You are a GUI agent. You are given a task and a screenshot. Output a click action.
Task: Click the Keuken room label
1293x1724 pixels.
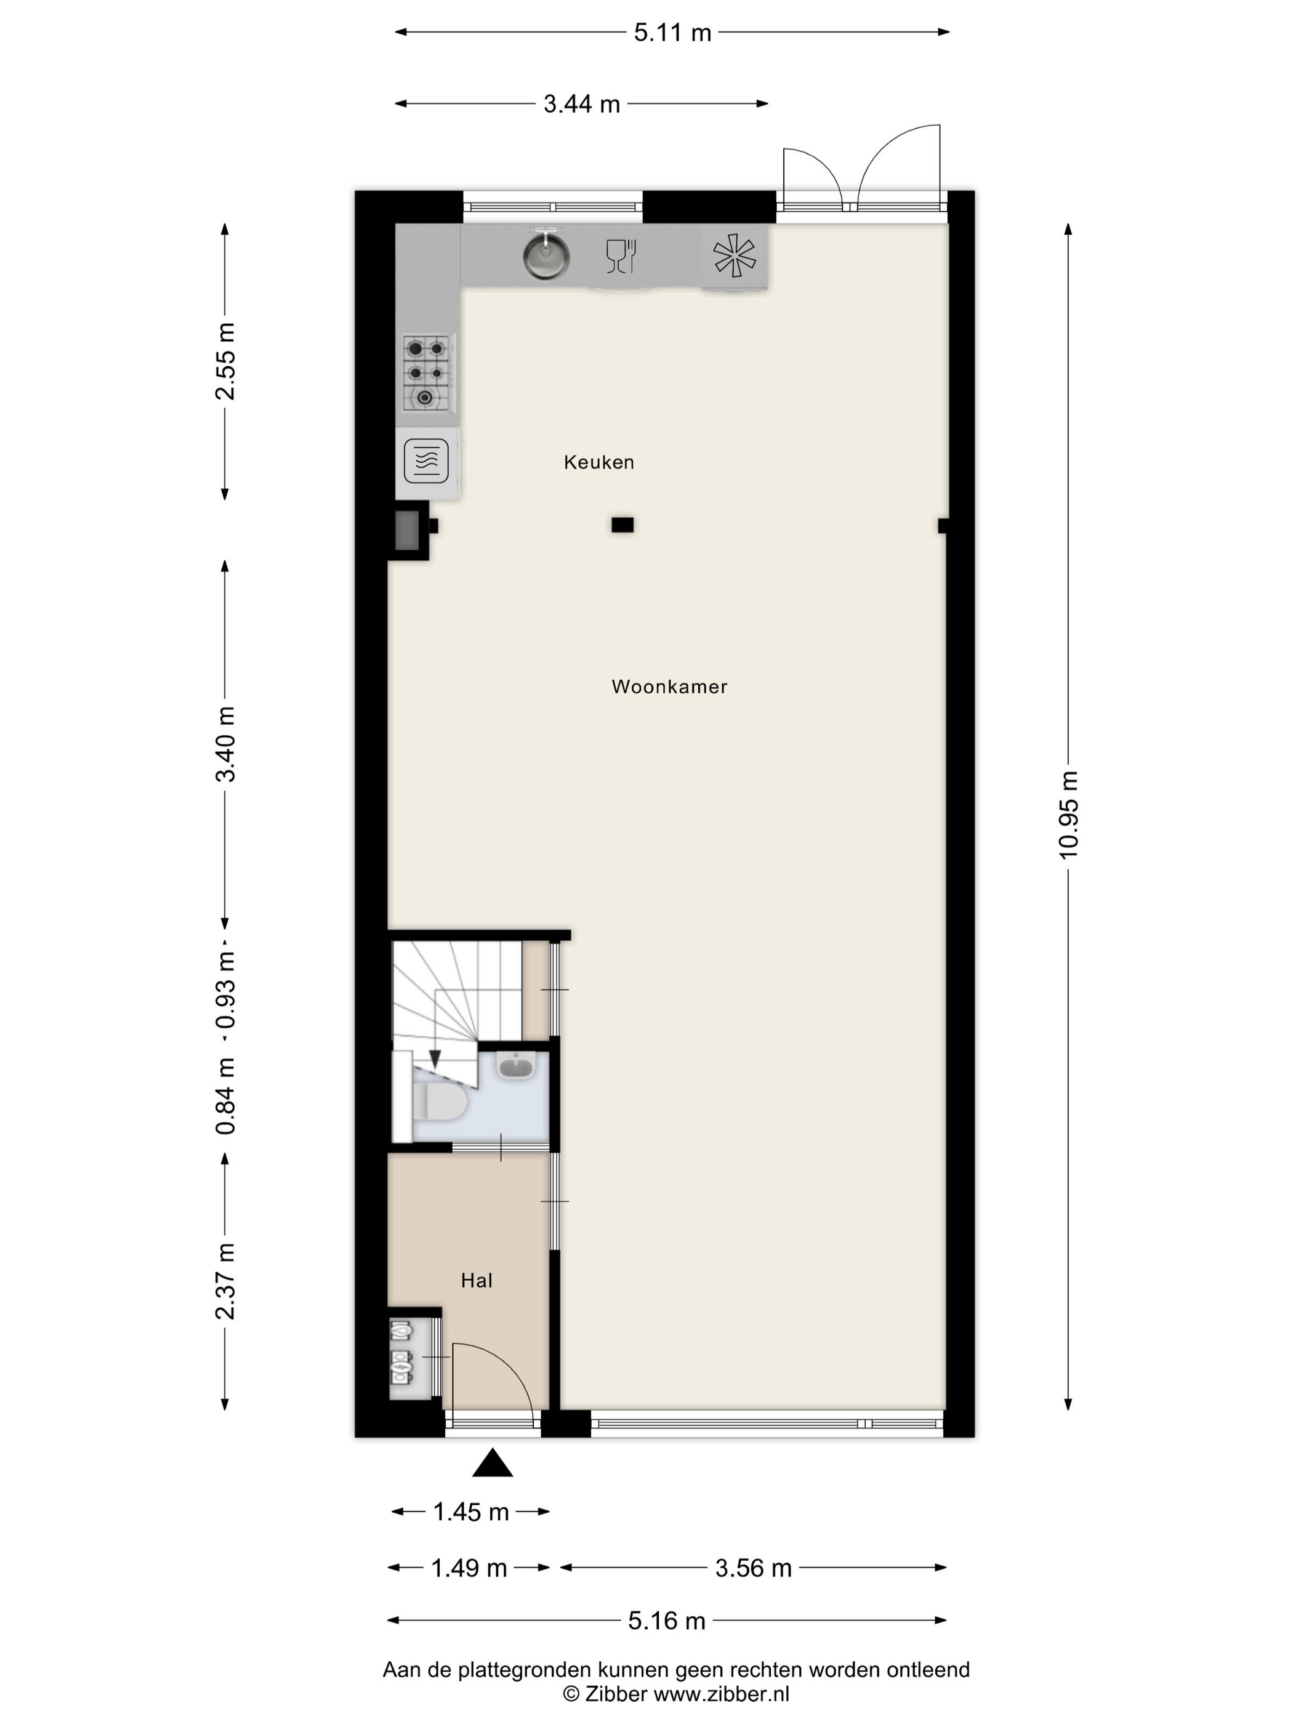pos(598,462)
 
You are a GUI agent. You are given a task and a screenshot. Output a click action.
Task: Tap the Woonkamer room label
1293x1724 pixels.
pos(669,687)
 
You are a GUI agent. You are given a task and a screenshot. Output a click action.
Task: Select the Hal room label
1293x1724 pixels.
pos(476,1281)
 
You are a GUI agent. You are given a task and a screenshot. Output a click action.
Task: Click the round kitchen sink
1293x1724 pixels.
pos(546,254)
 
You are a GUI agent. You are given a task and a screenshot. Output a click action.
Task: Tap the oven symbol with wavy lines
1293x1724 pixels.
pos(426,461)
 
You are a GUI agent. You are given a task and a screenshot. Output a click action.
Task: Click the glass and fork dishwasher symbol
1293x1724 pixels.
pos(621,256)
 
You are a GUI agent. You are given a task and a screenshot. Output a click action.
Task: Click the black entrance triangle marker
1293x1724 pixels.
pos(493,1463)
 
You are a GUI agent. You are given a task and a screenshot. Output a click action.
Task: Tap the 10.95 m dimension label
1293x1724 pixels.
pos(1068,815)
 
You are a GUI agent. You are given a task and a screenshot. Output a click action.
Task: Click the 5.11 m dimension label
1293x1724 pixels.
pos(672,33)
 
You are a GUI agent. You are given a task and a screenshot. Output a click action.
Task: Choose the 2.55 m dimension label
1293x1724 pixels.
pos(225,361)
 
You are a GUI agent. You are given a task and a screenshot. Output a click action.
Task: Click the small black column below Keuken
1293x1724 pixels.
pos(622,525)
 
